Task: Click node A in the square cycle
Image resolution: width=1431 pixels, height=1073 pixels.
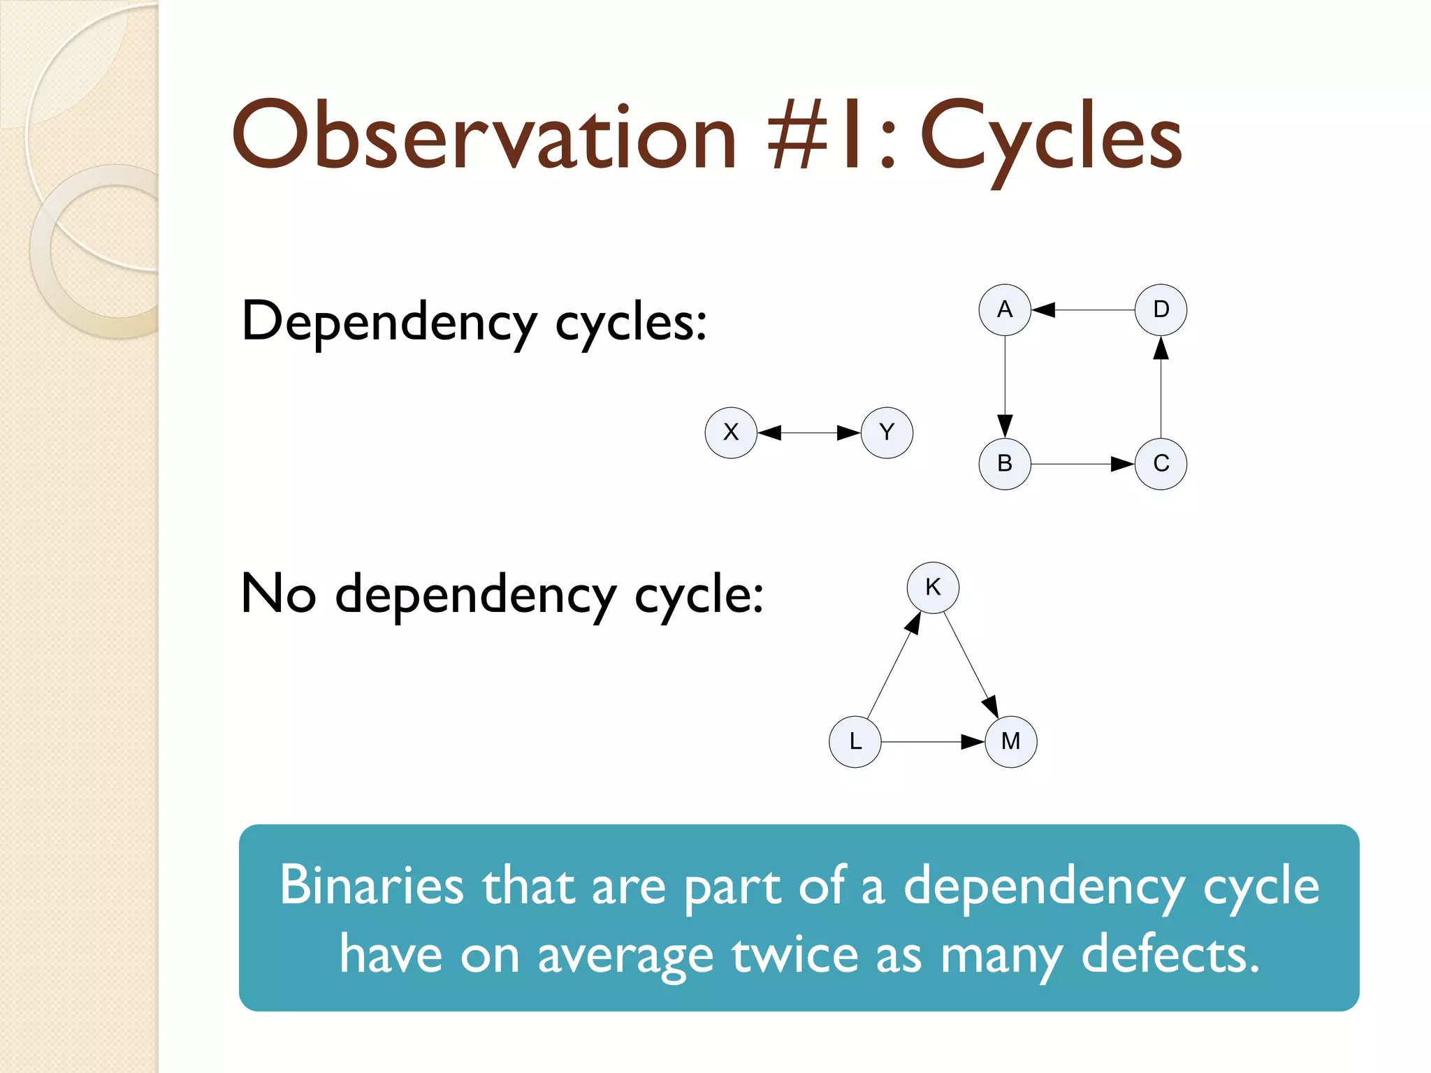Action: click(1005, 309)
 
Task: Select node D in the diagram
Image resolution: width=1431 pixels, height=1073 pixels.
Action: click(1161, 309)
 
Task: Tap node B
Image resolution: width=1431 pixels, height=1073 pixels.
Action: click(1005, 464)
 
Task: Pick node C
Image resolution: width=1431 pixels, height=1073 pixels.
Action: click(1161, 464)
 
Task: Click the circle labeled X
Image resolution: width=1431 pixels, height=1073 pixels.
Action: click(731, 432)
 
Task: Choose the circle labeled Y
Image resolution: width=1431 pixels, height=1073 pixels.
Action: click(887, 432)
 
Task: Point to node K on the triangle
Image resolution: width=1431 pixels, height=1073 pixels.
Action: click(933, 587)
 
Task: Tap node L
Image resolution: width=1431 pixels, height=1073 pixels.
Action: click(855, 741)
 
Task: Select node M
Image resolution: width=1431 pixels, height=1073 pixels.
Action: click(1010, 741)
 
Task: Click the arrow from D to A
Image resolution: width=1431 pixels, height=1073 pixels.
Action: click(1083, 309)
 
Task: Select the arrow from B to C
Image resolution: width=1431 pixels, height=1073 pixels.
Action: click(1083, 464)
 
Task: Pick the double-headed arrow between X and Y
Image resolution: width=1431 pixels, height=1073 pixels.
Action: click(808, 433)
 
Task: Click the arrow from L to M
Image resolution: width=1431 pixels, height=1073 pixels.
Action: click(932, 742)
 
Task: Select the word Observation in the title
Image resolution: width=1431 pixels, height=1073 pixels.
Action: click(484, 136)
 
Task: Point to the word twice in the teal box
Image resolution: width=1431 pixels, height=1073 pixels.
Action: click(794, 955)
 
